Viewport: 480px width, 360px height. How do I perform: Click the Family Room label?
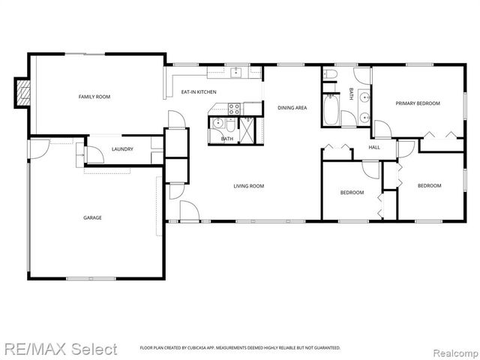[95, 97]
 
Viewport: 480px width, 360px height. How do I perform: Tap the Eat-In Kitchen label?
[199, 92]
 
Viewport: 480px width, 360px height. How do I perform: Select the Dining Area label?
[292, 108]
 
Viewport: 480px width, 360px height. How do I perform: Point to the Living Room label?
[248, 186]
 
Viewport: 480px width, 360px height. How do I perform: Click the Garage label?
[92, 218]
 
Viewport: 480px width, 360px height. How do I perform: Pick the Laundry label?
[122, 149]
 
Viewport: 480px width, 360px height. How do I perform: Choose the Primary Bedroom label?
[418, 103]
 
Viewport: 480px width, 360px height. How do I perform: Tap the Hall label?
[374, 148]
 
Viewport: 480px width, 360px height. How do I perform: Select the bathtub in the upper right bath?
[331, 111]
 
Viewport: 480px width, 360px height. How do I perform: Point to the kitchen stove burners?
[232, 108]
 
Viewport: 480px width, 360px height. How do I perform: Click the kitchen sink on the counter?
[237, 73]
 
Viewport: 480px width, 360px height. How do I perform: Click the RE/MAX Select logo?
[59, 349]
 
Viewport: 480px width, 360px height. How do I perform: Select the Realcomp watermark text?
[454, 349]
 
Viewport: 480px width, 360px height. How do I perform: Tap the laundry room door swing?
[94, 155]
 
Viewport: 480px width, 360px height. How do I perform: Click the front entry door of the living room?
[189, 211]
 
